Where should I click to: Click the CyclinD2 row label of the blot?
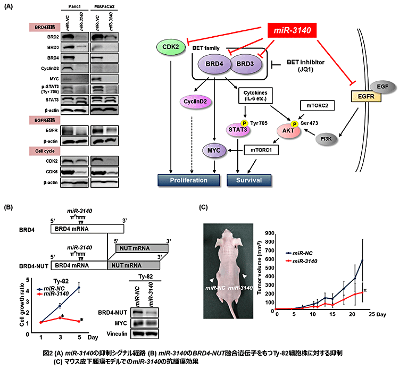[51, 68]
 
